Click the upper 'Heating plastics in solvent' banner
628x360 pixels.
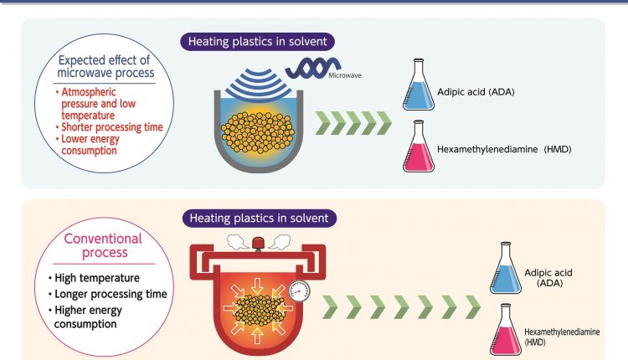(257, 42)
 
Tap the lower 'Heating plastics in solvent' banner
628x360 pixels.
(259, 219)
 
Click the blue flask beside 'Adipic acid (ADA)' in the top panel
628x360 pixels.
(419, 85)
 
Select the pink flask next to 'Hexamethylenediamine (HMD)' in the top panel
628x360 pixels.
(419, 147)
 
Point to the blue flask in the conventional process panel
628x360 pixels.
(506, 268)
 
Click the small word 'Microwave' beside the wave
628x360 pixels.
(345, 75)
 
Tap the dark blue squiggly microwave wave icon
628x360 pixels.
(313, 67)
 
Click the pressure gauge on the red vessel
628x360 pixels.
(299, 291)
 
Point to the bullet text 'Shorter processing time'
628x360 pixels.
(111, 127)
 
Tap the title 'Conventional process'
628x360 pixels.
(103, 245)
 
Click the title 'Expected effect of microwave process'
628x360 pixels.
(105, 66)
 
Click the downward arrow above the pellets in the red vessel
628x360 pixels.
(257, 286)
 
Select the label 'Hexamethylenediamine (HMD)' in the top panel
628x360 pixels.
(504, 149)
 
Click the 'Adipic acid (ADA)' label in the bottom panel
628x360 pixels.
(548, 278)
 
